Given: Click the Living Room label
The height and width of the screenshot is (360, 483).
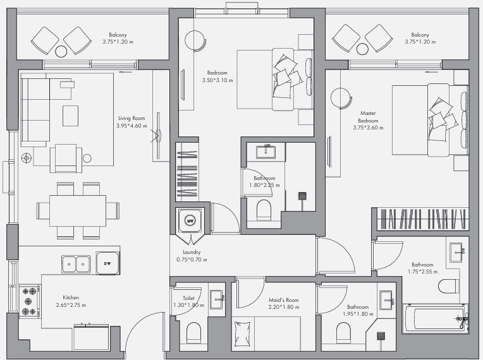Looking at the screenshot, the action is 131,118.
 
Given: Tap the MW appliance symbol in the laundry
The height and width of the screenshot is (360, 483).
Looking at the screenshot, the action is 190,220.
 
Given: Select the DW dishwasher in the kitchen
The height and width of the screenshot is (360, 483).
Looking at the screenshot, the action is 107,263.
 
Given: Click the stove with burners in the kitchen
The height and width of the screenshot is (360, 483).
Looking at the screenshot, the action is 30,301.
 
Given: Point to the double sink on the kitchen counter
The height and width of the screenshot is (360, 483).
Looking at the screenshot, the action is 76,264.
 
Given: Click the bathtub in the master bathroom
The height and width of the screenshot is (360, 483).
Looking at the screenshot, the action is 435,318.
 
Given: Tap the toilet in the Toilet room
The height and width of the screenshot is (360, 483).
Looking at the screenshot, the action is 193,332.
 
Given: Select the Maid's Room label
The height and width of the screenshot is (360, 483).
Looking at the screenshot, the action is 283,300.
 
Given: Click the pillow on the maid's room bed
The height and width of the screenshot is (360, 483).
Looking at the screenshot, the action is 242,334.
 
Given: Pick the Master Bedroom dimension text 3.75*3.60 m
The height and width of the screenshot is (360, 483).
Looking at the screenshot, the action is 368,128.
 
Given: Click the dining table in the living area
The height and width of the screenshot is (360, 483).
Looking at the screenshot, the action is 78,211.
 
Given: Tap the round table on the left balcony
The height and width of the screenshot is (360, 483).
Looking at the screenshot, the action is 61,51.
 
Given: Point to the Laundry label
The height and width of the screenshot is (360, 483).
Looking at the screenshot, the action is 192,252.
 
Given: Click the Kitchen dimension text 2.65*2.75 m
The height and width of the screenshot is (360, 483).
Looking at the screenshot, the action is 71,305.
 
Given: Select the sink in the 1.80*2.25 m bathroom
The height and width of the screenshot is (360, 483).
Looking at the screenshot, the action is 266,152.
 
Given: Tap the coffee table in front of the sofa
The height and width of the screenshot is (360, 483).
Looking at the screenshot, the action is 71,116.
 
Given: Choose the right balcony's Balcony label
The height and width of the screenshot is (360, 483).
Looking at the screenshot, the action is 420,35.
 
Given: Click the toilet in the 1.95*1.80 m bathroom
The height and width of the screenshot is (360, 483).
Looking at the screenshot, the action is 343,333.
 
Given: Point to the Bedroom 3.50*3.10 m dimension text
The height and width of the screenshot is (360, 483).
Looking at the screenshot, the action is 217,80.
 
